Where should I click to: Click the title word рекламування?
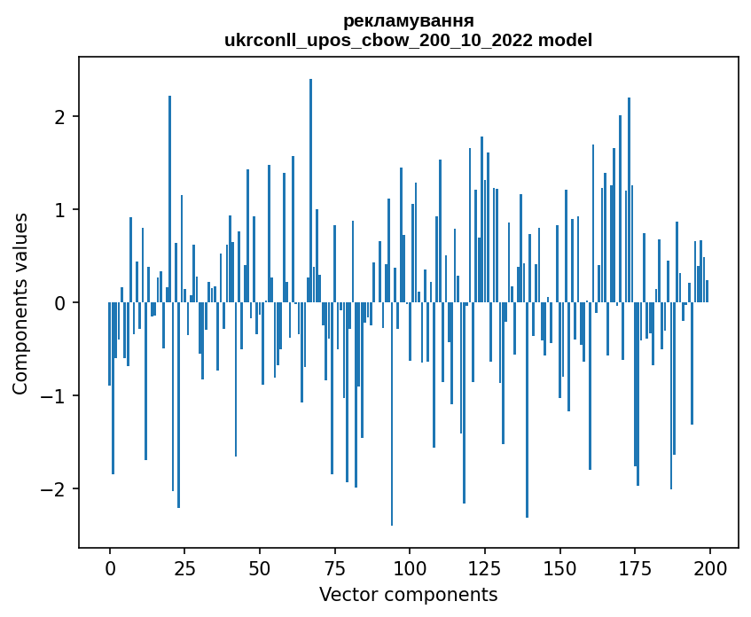coord(408,20)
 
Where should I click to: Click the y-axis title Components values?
coord(20,303)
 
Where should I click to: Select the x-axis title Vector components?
coord(408,594)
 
